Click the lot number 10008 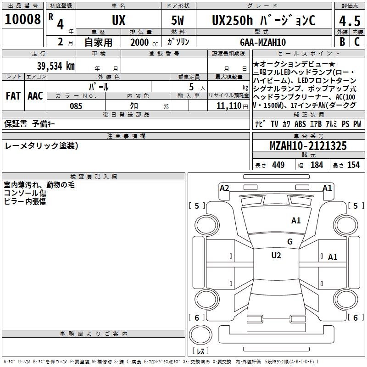point(22,19)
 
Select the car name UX point(118,20)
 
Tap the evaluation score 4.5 point(349,21)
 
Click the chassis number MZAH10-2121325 point(308,146)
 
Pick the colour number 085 point(76,106)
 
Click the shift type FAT point(13,96)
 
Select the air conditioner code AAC point(35,96)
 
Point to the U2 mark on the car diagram point(276,256)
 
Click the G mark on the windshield point(289,242)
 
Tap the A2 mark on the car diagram point(224,188)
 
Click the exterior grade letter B point(342,42)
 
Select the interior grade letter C point(357,42)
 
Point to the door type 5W point(178,20)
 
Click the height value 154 point(353,165)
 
